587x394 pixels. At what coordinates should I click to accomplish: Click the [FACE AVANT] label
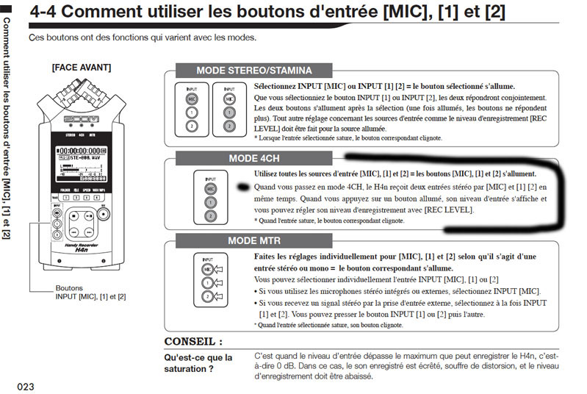tap(81, 68)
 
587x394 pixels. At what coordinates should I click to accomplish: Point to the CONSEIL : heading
tap(193, 342)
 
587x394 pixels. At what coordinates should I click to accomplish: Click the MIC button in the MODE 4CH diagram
tap(210, 188)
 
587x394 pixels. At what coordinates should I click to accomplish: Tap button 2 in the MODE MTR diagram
tap(210, 298)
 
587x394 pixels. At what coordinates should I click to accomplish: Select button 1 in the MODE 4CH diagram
tap(210, 202)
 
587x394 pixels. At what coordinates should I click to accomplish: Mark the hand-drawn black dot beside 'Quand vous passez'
tap(243, 187)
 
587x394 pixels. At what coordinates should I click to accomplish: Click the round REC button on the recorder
tap(58, 213)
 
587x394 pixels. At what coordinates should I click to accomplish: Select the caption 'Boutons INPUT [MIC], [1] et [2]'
tap(90, 293)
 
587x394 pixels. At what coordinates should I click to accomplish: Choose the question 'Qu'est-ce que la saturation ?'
tap(198, 363)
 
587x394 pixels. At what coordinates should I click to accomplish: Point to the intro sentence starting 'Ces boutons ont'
tap(143, 37)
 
